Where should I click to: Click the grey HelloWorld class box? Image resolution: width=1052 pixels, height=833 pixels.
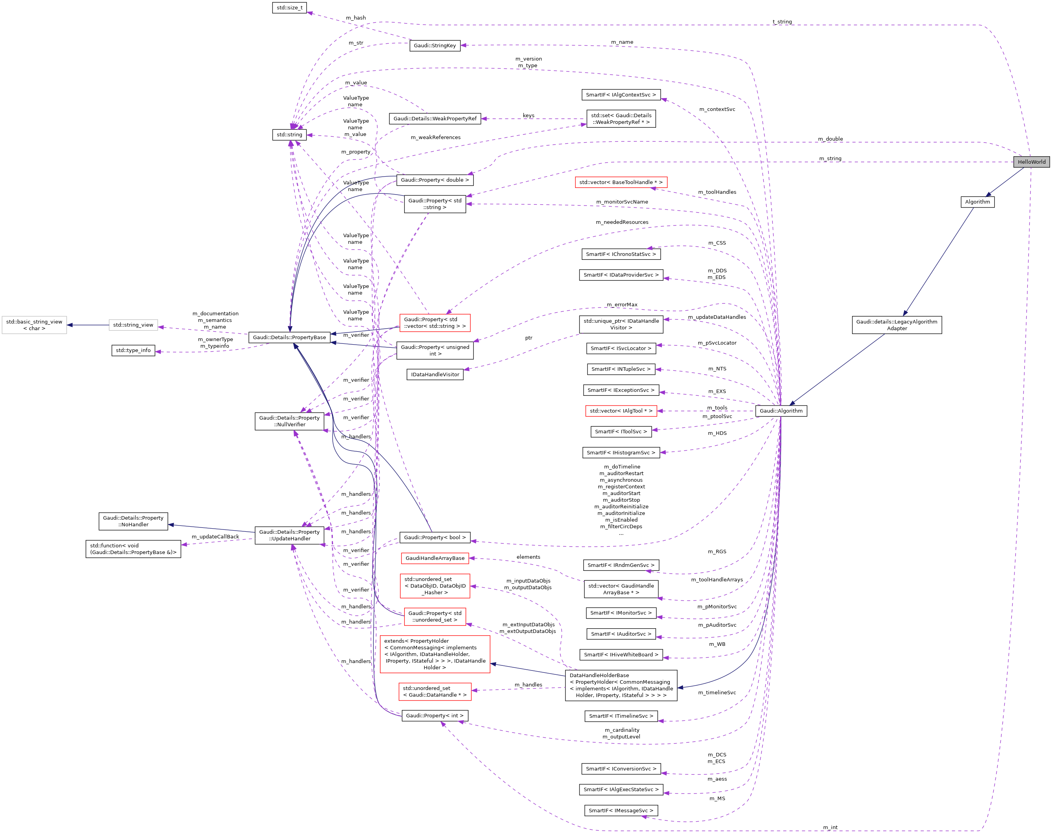pos(1031,162)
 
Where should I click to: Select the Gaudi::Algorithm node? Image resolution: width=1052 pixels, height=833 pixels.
pos(781,411)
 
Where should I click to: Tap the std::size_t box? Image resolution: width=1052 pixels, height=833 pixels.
pos(289,8)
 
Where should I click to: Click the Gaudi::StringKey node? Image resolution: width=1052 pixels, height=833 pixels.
pos(434,45)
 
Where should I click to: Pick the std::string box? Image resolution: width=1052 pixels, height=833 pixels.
pos(289,135)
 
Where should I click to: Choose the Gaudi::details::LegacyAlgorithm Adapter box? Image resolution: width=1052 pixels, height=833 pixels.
pos(897,325)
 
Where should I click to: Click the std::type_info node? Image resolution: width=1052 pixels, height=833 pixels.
pos(133,350)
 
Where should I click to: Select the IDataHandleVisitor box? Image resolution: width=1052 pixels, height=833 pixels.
pos(435,375)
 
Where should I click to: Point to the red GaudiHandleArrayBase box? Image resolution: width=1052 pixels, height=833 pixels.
pos(435,558)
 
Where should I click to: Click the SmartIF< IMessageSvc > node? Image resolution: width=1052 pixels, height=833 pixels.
pos(621,811)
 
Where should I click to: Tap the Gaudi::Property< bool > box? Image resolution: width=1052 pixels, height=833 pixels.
pos(434,538)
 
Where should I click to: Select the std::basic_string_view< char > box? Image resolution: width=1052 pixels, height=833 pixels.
pos(34,325)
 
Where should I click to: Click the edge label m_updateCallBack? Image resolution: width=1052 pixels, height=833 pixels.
pos(215,536)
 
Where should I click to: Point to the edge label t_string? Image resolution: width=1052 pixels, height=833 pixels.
pos(782,22)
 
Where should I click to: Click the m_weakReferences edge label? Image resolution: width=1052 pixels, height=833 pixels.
pos(435,138)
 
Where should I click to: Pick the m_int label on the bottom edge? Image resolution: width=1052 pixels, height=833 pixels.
pos(830,827)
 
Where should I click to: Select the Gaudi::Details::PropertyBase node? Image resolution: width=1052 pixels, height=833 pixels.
pos(289,338)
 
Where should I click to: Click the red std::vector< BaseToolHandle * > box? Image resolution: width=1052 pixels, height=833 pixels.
pos(621,182)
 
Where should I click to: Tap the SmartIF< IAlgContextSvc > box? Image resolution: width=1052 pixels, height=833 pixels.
pos(621,95)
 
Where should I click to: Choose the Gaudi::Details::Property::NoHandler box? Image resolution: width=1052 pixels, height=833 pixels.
pos(133,521)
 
